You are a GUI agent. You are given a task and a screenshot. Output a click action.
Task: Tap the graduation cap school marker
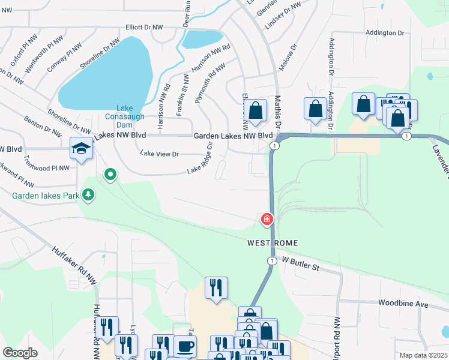click(81, 148)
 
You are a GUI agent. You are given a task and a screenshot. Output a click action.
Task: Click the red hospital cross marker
click(267, 220)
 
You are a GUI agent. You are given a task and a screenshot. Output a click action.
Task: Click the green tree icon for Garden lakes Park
click(88, 194)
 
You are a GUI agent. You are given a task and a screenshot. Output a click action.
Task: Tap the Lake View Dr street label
click(160, 154)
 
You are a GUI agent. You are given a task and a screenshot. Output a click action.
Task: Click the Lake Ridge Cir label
click(200, 157)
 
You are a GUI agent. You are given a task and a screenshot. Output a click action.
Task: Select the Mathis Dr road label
click(278, 112)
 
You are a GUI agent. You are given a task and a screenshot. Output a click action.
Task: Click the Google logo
click(20, 352)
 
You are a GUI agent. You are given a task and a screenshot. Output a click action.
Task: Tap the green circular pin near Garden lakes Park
click(110, 175)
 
